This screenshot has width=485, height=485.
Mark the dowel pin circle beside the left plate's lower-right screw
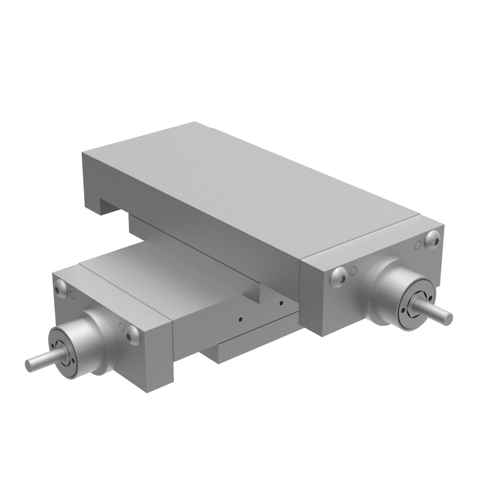tap(122, 327)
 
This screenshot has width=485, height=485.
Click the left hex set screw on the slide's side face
tap(240, 319)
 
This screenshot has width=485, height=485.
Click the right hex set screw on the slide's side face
tap(281, 303)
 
